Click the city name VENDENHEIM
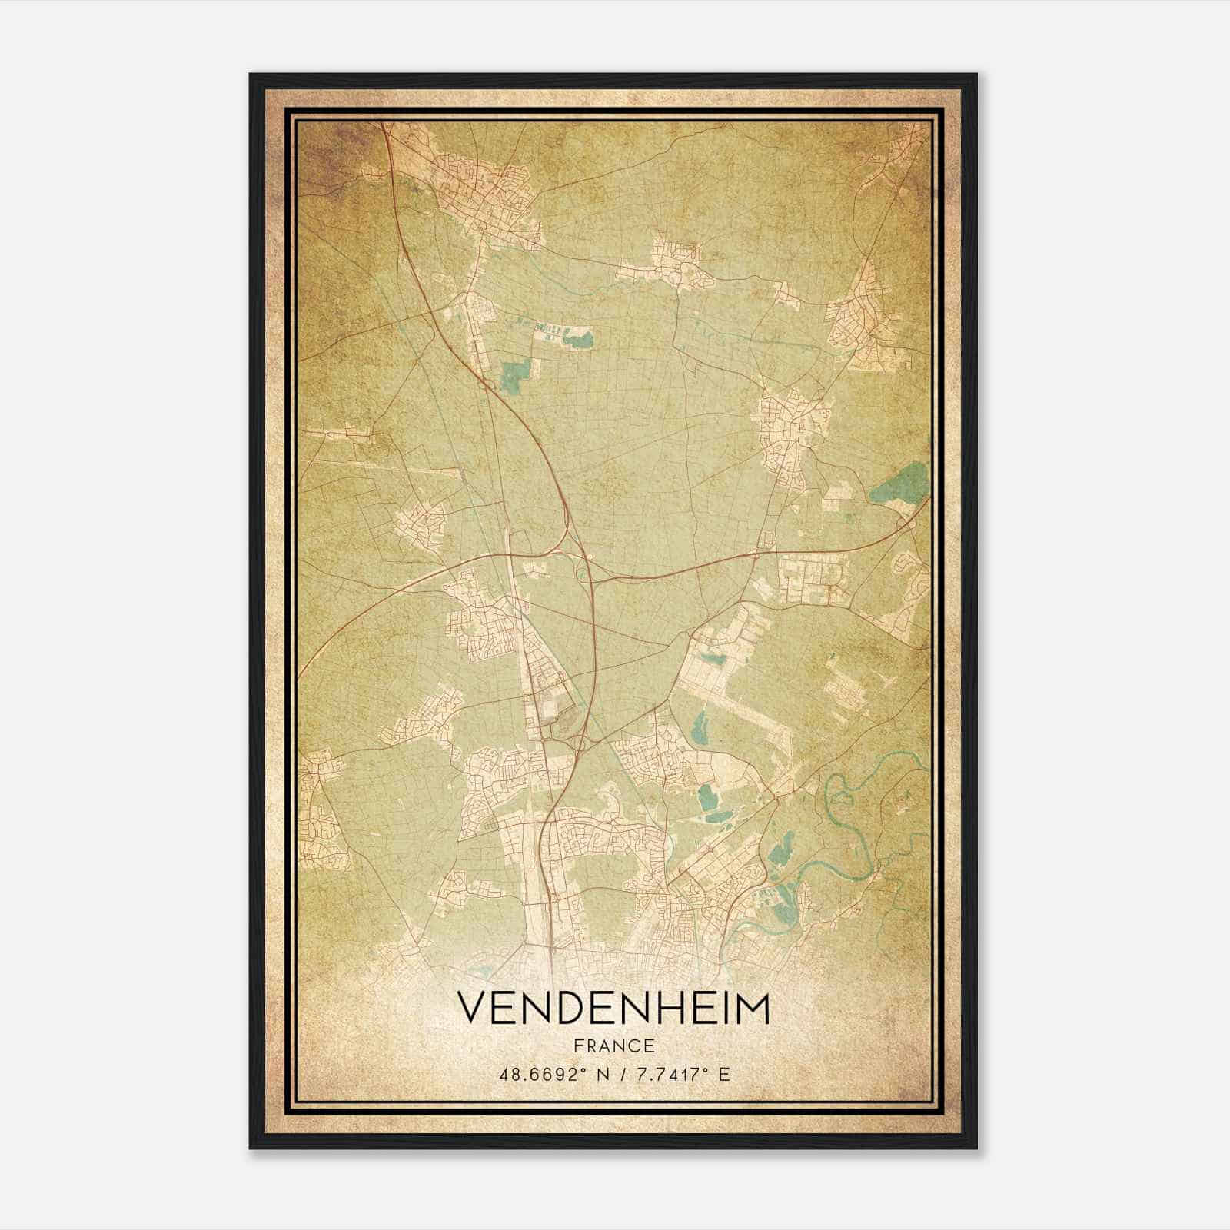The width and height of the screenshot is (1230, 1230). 613,1008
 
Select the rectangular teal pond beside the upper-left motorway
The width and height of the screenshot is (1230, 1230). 510,374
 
